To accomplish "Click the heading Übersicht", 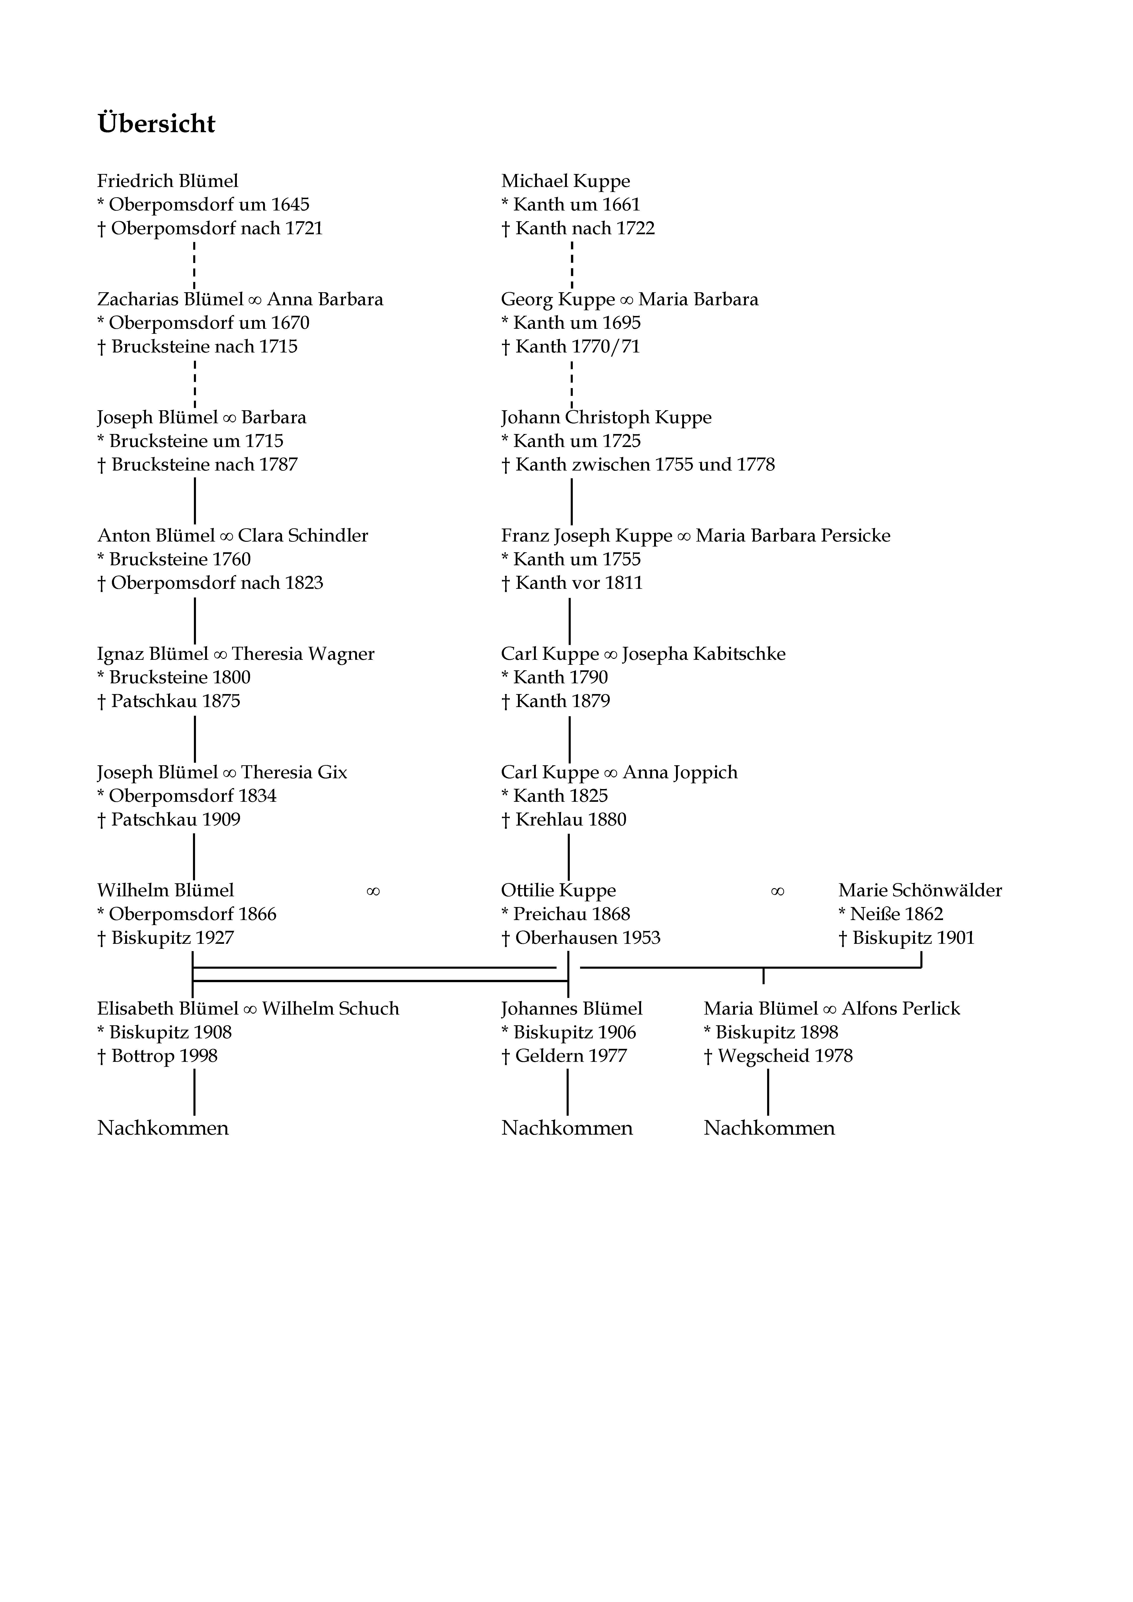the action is (156, 124).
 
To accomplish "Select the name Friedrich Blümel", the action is (168, 182).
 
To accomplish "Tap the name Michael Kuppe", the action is (565, 182).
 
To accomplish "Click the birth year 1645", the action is (291, 205).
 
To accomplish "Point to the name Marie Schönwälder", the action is (920, 891).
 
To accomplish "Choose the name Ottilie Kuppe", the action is (558, 891).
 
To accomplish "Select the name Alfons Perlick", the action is (901, 1009).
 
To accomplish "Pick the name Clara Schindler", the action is (303, 536).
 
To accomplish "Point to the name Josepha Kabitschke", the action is (704, 655).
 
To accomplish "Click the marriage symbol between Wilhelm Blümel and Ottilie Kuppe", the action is (373, 892).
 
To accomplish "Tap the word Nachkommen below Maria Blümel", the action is (769, 1128).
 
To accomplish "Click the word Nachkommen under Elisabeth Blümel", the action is (163, 1128).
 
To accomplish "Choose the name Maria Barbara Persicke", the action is (793, 536).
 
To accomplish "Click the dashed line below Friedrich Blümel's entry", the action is (194, 265).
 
